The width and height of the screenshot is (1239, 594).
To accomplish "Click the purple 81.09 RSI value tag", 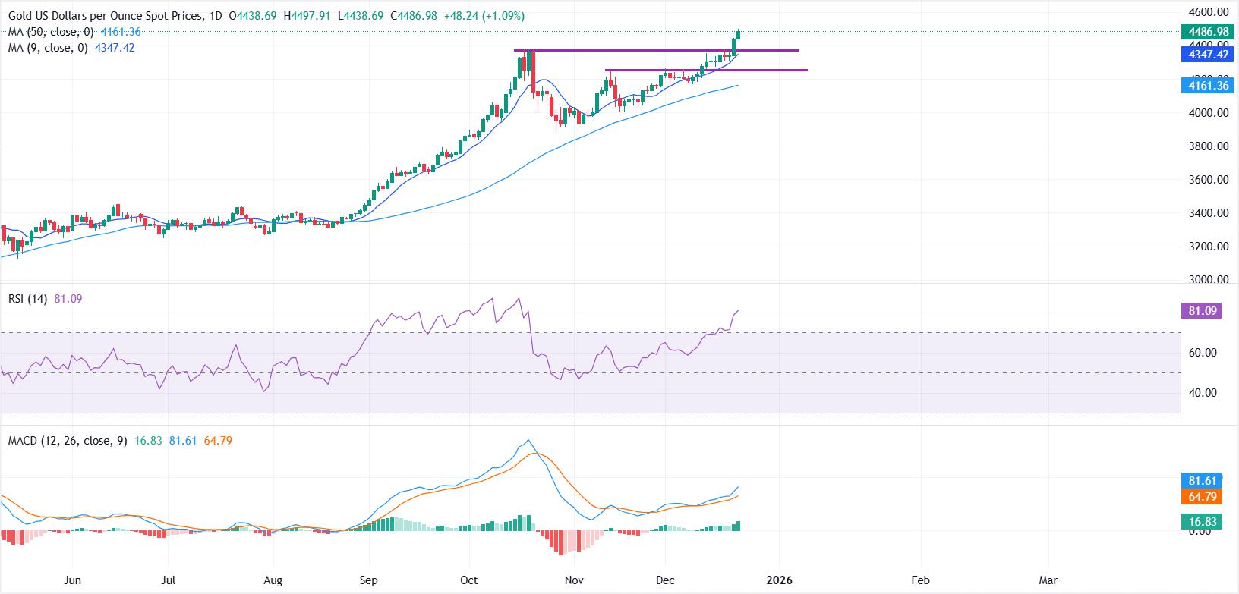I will [x=1201, y=310].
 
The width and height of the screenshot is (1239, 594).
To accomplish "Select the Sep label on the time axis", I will [x=368, y=580].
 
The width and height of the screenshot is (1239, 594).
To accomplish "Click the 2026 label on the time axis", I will [x=779, y=580].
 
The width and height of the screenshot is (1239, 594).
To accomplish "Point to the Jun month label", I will [x=72, y=580].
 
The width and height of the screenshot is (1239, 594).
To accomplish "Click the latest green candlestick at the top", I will [x=739, y=35].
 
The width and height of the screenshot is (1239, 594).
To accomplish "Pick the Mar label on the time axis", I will [x=1048, y=580].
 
